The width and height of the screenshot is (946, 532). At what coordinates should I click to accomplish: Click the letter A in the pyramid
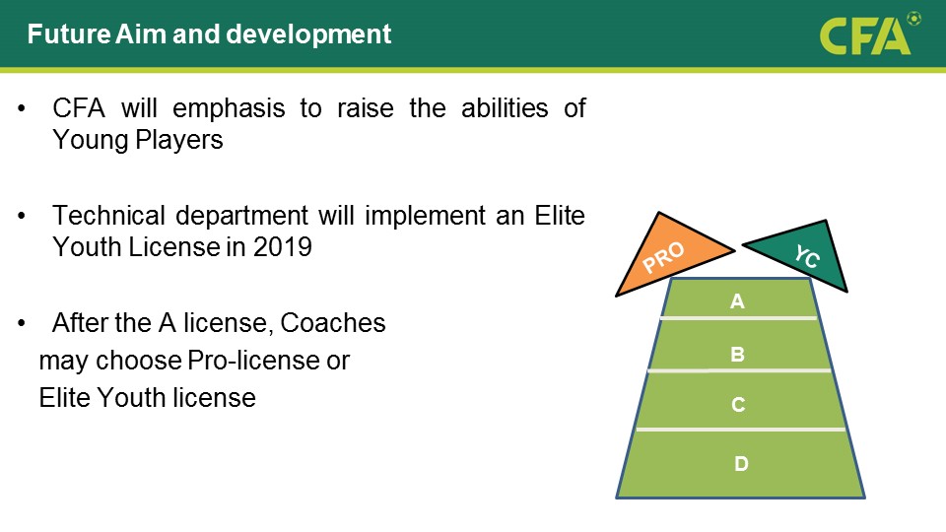[737, 301]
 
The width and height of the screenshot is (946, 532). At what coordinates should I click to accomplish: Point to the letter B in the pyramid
[737, 354]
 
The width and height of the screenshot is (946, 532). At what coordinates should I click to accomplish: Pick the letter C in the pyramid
[738, 404]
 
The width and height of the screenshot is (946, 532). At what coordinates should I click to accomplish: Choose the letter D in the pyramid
[741, 463]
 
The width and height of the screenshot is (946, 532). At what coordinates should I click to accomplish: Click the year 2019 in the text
[283, 246]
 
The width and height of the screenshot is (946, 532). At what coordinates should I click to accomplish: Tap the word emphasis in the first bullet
[229, 109]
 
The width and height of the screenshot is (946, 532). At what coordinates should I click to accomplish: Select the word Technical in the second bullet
[108, 216]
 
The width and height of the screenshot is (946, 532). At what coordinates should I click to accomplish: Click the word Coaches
[333, 323]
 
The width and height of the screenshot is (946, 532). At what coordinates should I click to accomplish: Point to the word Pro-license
[253, 361]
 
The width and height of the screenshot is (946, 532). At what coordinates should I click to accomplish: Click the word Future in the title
[69, 33]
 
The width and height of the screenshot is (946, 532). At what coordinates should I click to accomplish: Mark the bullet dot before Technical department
[22, 216]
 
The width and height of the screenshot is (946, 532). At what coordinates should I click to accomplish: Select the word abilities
[505, 108]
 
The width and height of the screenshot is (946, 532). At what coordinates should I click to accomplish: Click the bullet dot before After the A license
[22, 323]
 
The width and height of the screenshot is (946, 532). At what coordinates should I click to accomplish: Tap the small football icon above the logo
[914, 19]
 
